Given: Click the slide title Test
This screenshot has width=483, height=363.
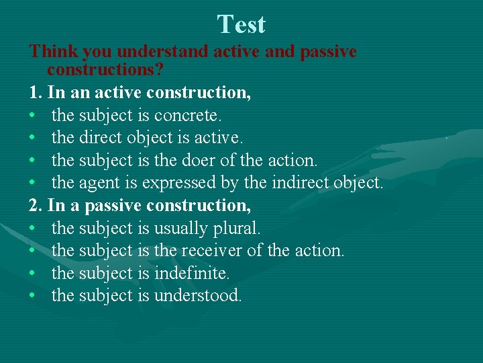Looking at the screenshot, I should pyautogui.click(x=241, y=25).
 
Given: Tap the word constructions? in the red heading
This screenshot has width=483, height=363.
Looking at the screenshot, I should pyautogui.click(x=106, y=70).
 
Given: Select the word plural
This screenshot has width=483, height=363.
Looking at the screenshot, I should pyautogui.click(x=236, y=228).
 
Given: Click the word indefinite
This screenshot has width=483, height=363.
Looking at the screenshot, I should pyautogui.click(x=192, y=273).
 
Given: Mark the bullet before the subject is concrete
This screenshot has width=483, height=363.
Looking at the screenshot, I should pyautogui.click(x=32, y=116).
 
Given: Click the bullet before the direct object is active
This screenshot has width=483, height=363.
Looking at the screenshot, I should pyautogui.click(x=32, y=138).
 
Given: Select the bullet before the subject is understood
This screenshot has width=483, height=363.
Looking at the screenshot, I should pyautogui.click(x=32, y=296).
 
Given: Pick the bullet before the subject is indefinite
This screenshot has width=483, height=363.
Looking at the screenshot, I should pyautogui.click(x=32, y=274).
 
